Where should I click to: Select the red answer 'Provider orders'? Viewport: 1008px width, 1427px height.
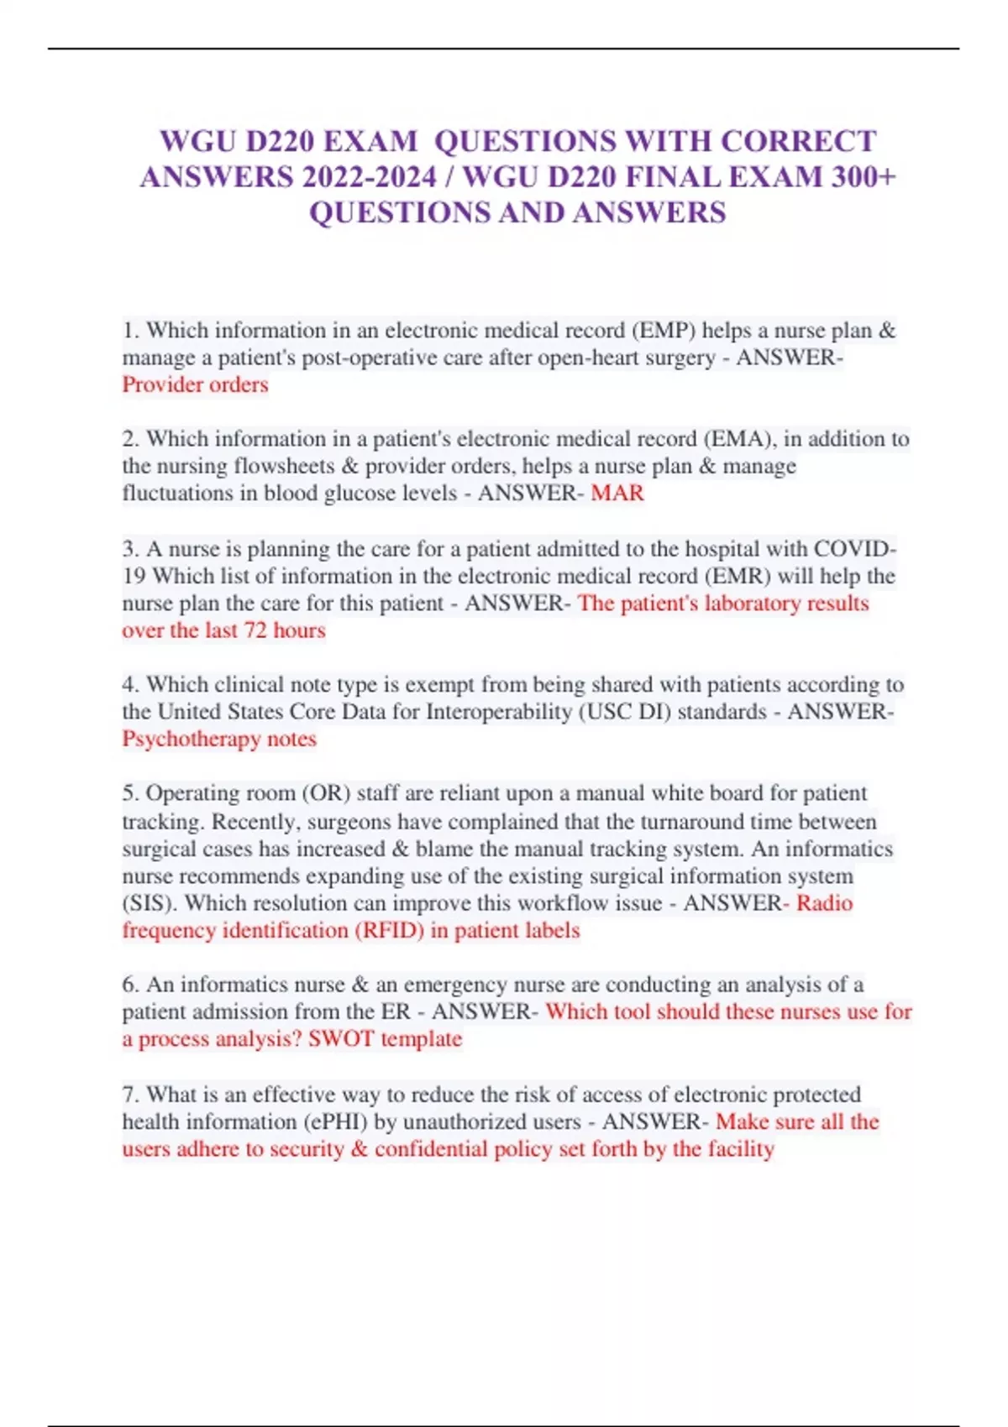195,384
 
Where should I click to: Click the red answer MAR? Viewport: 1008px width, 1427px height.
617,493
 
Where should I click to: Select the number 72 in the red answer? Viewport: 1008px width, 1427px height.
255,630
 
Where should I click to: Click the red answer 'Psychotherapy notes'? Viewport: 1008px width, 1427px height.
219,739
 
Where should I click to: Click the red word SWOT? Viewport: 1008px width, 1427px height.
341,1038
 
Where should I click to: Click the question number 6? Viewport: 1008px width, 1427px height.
130,984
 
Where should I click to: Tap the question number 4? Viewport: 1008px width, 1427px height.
130,684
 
